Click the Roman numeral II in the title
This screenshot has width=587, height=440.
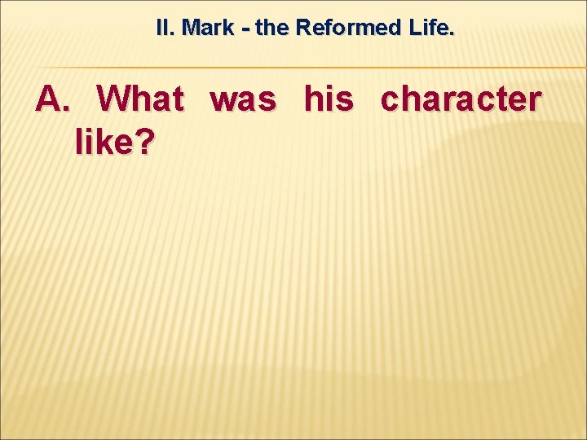[165, 28]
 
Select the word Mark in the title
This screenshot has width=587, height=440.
[208, 28]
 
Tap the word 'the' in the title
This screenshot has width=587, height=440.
[270, 28]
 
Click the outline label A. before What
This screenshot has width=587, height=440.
[54, 100]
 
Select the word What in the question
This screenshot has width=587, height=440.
[140, 100]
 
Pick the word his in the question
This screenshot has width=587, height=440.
[329, 100]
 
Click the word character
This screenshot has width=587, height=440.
[461, 100]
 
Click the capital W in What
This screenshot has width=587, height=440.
[113, 100]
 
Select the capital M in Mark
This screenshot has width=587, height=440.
[190, 28]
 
